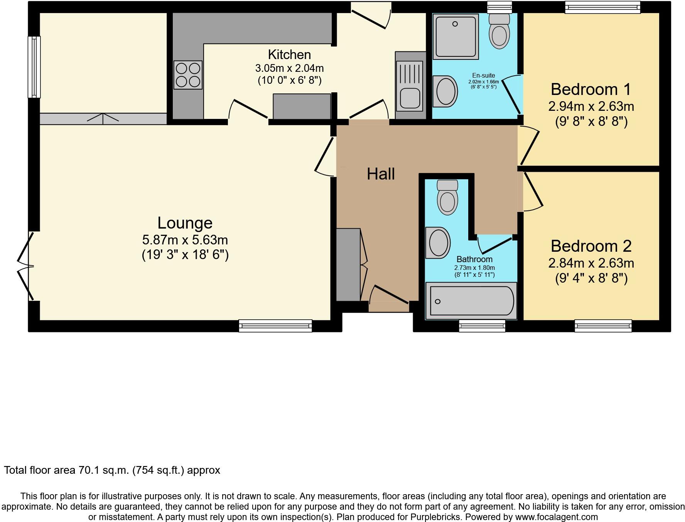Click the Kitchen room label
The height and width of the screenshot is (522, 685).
coord(289,55)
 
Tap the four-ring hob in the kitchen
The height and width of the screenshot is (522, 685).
coord(188,75)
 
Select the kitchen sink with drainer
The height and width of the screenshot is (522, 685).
coord(410,86)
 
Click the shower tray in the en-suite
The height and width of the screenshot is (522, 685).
coord(456,37)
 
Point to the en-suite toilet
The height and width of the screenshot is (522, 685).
coord(499,32)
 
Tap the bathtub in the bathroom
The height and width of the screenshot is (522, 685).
coord(471,301)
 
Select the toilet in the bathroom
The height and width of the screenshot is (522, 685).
coord(447,197)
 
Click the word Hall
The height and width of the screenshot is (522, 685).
coord(381,174)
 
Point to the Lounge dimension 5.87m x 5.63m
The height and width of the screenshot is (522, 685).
coord(185,240)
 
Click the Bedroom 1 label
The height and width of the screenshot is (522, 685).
coord(591,90)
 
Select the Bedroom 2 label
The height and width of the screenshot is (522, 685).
coord(591,246)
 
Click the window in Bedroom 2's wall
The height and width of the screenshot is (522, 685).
coord(603,326)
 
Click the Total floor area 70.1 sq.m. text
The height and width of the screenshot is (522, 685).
coord(112,470)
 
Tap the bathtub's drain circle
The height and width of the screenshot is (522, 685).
coord(437,302)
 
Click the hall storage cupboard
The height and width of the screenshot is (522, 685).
coord(348,265)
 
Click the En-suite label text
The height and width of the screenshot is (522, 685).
coord(483,76)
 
